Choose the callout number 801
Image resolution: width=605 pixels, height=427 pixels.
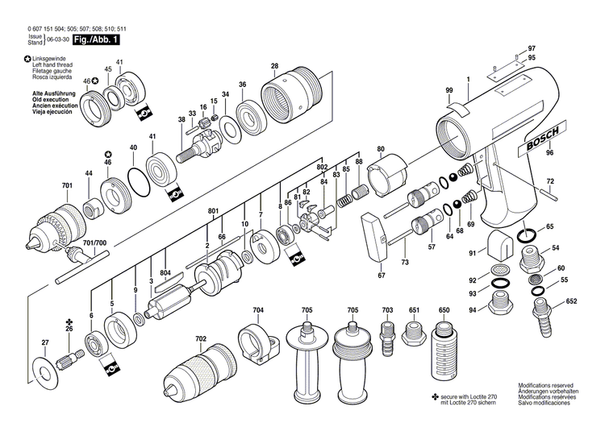pos(214,211)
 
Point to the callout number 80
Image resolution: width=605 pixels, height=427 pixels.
pos(381,149)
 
